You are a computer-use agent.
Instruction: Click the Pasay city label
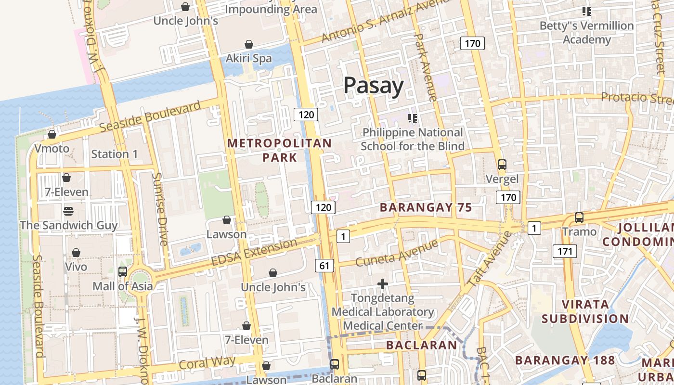click(374, 86)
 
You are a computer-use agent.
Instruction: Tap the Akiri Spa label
click(249, 58)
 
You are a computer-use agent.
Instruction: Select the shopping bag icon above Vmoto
click(52, 134)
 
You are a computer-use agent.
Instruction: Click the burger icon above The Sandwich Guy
click(68, 211)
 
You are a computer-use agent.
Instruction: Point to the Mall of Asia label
click(123, 286)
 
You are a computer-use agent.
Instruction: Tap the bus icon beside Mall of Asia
click(123, 271)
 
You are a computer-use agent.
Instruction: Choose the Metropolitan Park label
click(279, 150)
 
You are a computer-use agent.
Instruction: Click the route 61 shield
click(325, 265)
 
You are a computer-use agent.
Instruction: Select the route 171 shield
click(565, 251)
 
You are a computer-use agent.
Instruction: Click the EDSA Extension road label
click(254, 252)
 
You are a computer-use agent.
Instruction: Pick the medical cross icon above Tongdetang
click(383, 284)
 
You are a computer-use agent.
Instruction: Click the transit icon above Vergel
click(502, 165)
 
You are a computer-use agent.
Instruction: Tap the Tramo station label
click(579, 232)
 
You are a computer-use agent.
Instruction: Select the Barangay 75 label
click(426, 207)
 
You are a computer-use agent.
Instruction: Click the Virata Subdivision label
click(585, 311)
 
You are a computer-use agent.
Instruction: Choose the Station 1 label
click(115, 154)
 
